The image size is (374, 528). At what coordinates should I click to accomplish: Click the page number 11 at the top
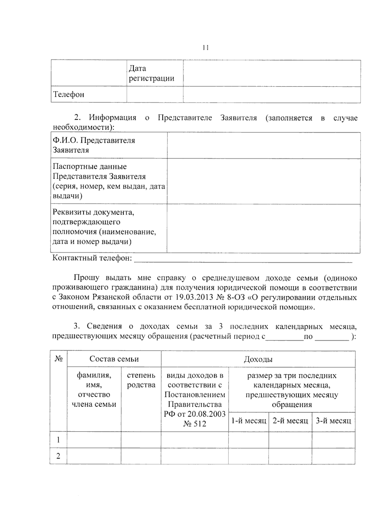point(205,48)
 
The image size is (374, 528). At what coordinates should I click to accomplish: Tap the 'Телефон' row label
point(69,94)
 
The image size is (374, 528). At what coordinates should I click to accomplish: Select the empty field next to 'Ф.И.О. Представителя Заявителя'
point(263,145)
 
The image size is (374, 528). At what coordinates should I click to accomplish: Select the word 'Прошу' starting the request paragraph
point(86,278)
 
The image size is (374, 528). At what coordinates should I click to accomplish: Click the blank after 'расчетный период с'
point(285,337)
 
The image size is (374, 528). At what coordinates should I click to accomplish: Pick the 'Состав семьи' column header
point(114,359)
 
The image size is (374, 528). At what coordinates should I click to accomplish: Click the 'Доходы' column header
point(258,359)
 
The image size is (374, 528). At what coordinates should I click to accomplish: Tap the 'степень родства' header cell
point(141,380)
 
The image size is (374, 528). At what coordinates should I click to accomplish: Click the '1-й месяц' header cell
point(248,421)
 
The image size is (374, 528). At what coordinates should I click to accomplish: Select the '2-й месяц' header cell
point(290,421)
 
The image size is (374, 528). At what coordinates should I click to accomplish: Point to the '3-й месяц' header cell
point(333,421)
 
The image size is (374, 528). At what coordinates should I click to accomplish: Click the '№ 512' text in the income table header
point(194,424)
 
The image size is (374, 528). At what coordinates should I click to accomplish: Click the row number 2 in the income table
point(58,456)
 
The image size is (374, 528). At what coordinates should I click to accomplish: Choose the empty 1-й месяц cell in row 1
point(248,440)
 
